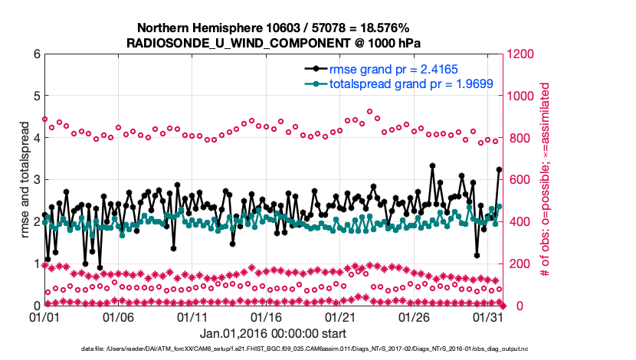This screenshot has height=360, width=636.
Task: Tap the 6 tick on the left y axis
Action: [x=35, y=54]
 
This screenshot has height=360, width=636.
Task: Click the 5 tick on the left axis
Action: [x=35, y=97]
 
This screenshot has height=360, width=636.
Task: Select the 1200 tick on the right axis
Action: [x=522, y=54]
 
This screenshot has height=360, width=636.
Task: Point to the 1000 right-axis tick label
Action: [x=522, y=97]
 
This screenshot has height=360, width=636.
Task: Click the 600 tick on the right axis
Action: [x=519, y=180]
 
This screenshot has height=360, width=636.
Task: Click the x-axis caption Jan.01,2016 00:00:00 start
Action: [x=273, y=334]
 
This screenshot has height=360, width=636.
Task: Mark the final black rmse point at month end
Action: [x=499, y=169]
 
